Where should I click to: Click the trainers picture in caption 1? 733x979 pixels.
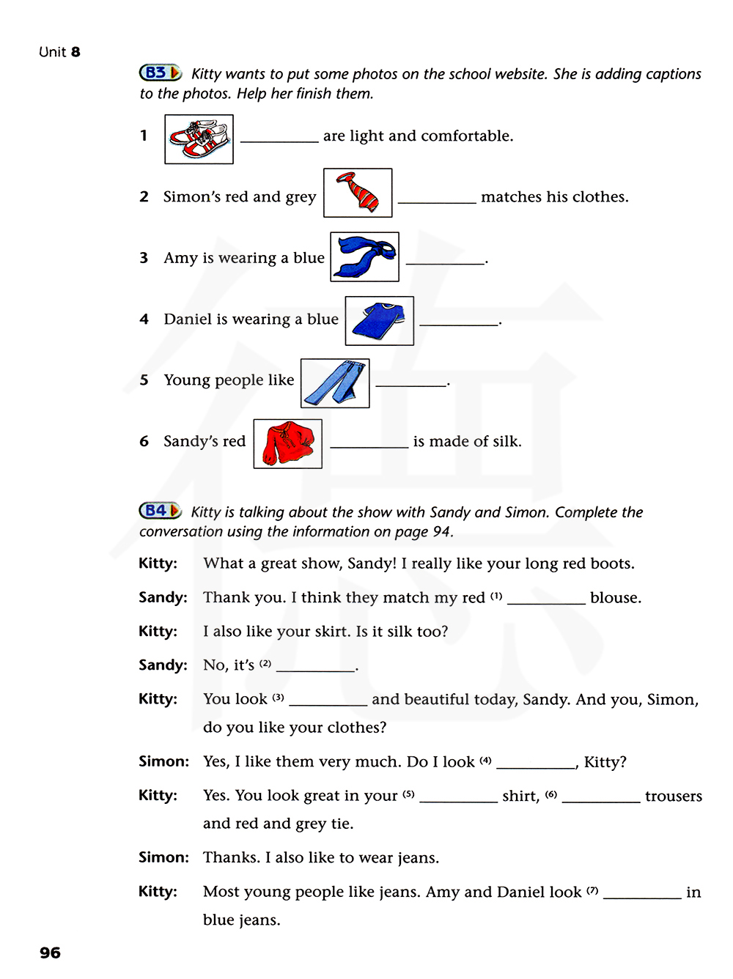click(x=199, y=139)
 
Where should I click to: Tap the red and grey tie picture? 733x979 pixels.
click(x=358, y=193)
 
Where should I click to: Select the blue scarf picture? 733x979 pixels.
click(x=364, y=256)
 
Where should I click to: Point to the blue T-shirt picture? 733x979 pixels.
click(x=379, y=321)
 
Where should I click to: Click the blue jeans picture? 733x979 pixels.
click(x=335, y=383)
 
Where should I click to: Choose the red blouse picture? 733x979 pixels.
click(x=287, y=443)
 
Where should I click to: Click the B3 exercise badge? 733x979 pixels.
click(x=160, y=73)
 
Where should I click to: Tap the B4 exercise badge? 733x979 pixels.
click(x=160, y=511)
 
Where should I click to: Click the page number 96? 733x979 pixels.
click(x=51, y=953)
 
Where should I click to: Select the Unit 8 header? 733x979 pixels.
click(x=59, y=52)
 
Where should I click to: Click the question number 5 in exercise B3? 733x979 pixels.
click(x=144, y=380)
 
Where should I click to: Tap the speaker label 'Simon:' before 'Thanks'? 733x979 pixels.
click(x=163, y=857)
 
